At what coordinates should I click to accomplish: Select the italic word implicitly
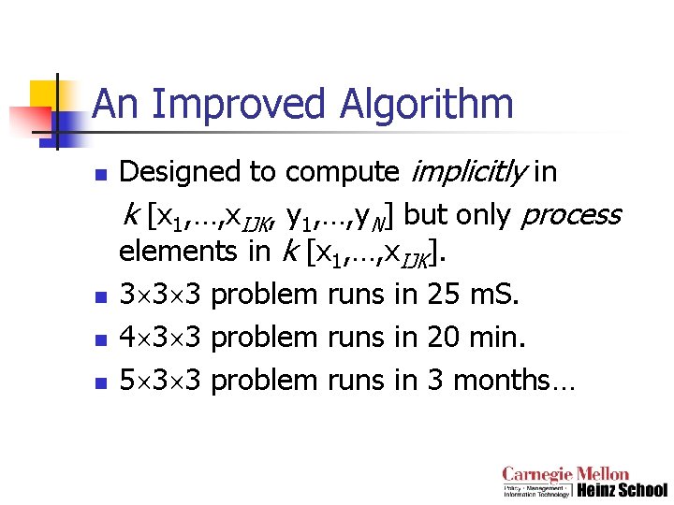(x=468, y=172)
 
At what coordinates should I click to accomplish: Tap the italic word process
(x=570, y=215)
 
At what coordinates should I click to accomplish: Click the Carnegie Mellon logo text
(x=565, y=475)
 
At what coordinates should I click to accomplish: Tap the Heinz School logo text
(x=622, y=490)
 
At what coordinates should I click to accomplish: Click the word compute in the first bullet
(x=342, y=172)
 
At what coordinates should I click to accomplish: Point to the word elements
(x=192, y=252)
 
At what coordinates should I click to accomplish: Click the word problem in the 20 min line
(x=265, y=337)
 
